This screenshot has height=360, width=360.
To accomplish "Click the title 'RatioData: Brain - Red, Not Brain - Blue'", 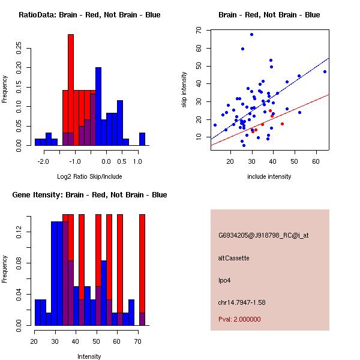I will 89,15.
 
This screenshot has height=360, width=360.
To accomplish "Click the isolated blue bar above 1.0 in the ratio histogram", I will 142,139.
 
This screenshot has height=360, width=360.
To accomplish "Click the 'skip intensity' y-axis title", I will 184,90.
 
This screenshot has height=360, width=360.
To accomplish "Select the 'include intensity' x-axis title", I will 269,176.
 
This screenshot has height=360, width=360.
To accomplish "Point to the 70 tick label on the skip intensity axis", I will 199,29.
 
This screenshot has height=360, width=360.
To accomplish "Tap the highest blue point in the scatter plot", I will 251,34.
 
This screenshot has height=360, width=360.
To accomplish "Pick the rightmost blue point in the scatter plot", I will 325,71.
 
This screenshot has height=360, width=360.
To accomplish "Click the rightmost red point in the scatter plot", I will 282,124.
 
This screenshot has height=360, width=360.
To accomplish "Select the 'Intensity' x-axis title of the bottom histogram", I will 89,356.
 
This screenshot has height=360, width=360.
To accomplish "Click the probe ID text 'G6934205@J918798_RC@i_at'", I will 263,236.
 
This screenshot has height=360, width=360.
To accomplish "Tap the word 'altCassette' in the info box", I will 233,257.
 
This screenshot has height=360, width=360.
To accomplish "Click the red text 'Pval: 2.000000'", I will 239,319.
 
